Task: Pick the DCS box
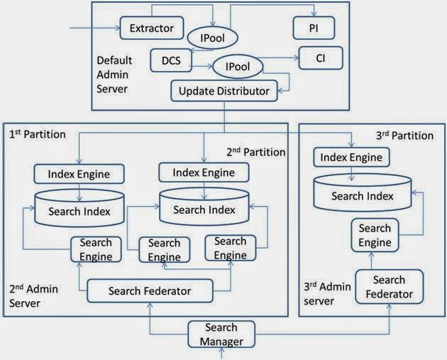(171, 60)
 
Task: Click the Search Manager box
(221, 334)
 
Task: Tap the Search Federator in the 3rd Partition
(389, 286)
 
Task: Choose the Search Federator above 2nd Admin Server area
(149, 290)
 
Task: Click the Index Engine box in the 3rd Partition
(351, 157)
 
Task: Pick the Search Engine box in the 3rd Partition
(375, 235)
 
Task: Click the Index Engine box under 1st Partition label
(79, 173)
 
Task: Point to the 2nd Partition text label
(255, 152)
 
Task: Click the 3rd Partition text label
(403, 135)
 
